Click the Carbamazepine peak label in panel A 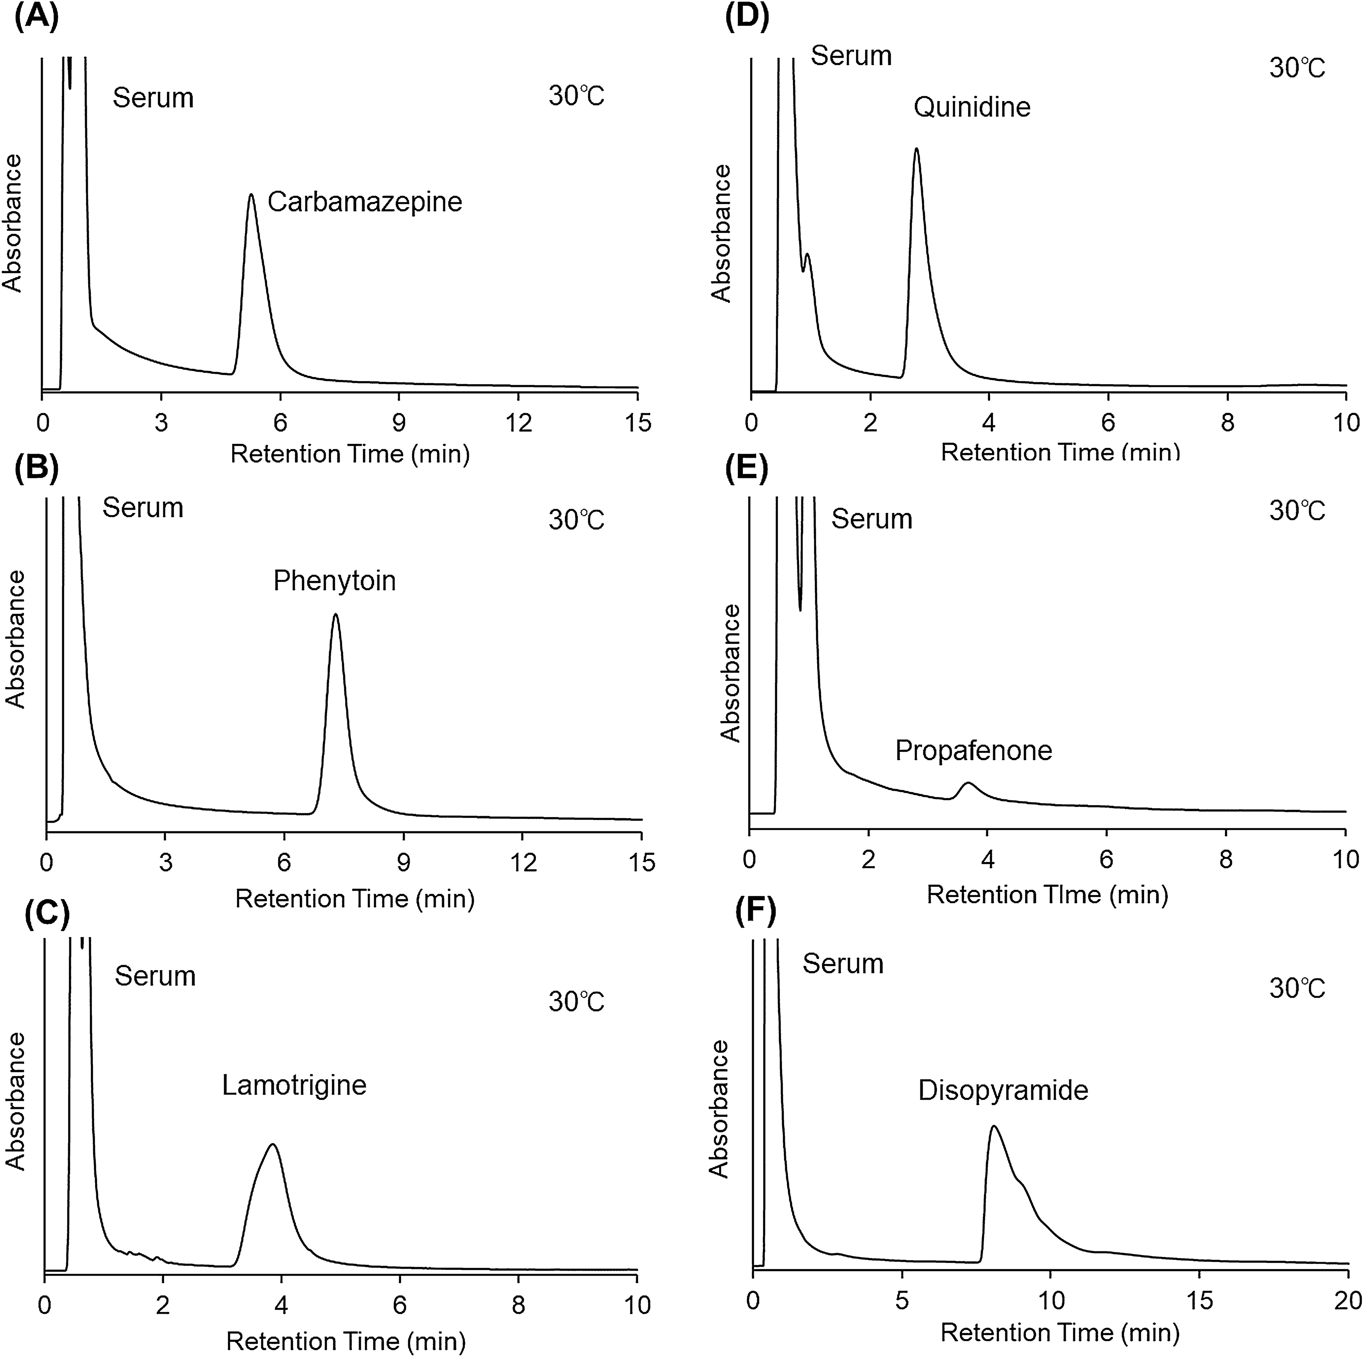[x=364, y=202]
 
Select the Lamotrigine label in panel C [x=294, y=1085]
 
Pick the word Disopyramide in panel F [x=1002, y=1090]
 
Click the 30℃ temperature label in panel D [x=1297, y=69]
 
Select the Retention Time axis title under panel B [x=354, y=898]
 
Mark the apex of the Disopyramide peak [x=994, y=1127]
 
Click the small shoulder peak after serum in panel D [x=807, y=256]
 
